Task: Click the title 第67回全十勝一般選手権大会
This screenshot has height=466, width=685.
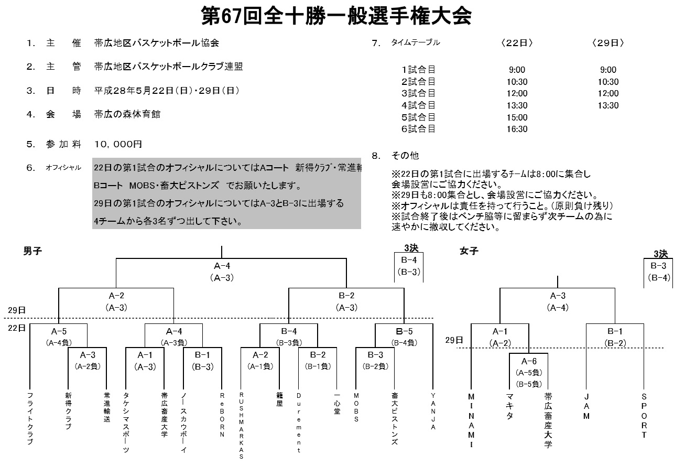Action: tap(336, 16)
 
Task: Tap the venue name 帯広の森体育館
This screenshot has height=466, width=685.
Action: tap(127, 114)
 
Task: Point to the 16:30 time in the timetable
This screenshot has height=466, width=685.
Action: tap(517, 129)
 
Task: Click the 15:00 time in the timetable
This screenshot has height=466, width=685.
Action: tap(517, 117)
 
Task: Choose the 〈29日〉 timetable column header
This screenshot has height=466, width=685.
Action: tap(608, 44)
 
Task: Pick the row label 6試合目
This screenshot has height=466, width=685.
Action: tap(418, 129)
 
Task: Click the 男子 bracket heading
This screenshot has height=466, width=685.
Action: tap(32, 251)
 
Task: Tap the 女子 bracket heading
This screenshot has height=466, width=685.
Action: tap(469, 251)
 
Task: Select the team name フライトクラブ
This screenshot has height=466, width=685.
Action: tap(30, 418)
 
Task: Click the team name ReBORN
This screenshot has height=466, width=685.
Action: tap(222, 414)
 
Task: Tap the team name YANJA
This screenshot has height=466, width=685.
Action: tap(433, 411)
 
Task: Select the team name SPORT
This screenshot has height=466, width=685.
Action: tap(644, 415)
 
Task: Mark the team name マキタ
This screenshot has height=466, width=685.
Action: tap(509, 406)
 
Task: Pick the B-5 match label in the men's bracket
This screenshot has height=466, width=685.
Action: tap(404, 331)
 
